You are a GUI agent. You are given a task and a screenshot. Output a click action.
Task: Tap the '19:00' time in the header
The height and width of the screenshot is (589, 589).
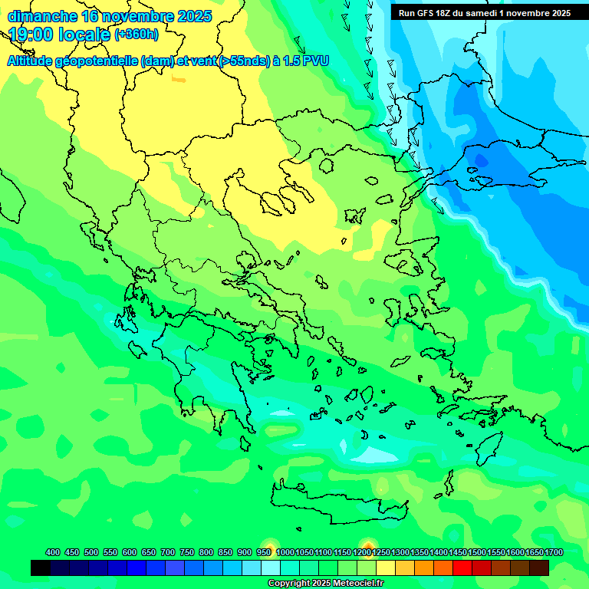pos(34,35)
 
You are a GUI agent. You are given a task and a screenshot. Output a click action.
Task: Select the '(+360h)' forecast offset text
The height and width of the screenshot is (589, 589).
pos(137,35)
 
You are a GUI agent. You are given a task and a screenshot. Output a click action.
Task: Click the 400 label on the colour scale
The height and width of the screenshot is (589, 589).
pos(53,552)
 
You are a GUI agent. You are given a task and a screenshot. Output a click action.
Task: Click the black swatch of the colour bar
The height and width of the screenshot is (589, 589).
pos(41,568)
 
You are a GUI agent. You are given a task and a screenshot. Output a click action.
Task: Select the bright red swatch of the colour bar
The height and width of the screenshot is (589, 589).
pos(462,568)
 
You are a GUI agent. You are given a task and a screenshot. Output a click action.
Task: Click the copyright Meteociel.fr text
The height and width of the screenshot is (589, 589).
pos(326,583)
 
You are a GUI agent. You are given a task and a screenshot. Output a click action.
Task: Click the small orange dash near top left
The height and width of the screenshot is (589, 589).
pos(177,79)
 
